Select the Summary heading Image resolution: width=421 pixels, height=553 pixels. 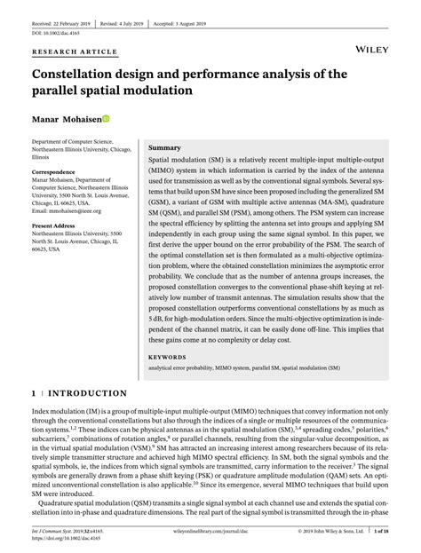coord(164,146)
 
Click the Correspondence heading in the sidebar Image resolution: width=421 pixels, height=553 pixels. coord(59,171)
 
